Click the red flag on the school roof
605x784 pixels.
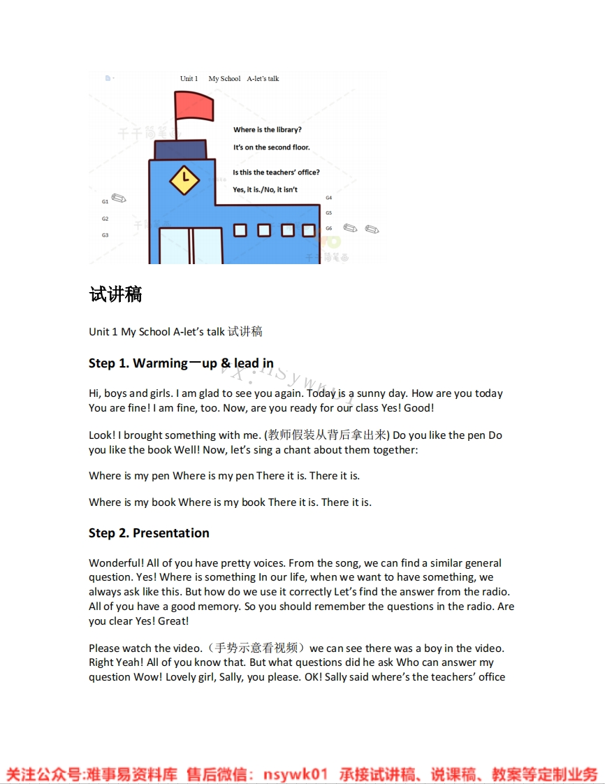pyautogui.click(x=194, y=106)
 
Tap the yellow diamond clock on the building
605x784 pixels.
pyautogui.click(x=184, y=180)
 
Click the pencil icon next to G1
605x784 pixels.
pyautogui.click(x=119, y=199)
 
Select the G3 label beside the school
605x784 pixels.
pyautogui.click(x=105, y=235)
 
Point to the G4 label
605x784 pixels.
pyautogui.click(x=328, y=198)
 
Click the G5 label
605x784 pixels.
pyautogui.click(x=328, y=213)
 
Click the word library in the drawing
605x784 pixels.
pyautogui.click(x=286, y=130)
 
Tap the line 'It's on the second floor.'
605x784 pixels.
pyautogui.click(x=271, y=147)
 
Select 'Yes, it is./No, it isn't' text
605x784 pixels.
pyautogui.click(x=265, y=190)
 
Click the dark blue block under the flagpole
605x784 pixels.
pyautogui.click(x=180, y=150)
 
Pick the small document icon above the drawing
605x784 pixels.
pyautogui.click(x=108, y=78)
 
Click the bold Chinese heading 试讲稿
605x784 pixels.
pyautogui.click(x=116, y=295)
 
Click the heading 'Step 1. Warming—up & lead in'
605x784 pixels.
pyautogui.click(x=181, y=363)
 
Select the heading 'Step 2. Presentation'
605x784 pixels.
pyautogui.click(x=149, y=533)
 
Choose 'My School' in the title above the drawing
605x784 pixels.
pyautogui.click(x=224, y=79)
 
